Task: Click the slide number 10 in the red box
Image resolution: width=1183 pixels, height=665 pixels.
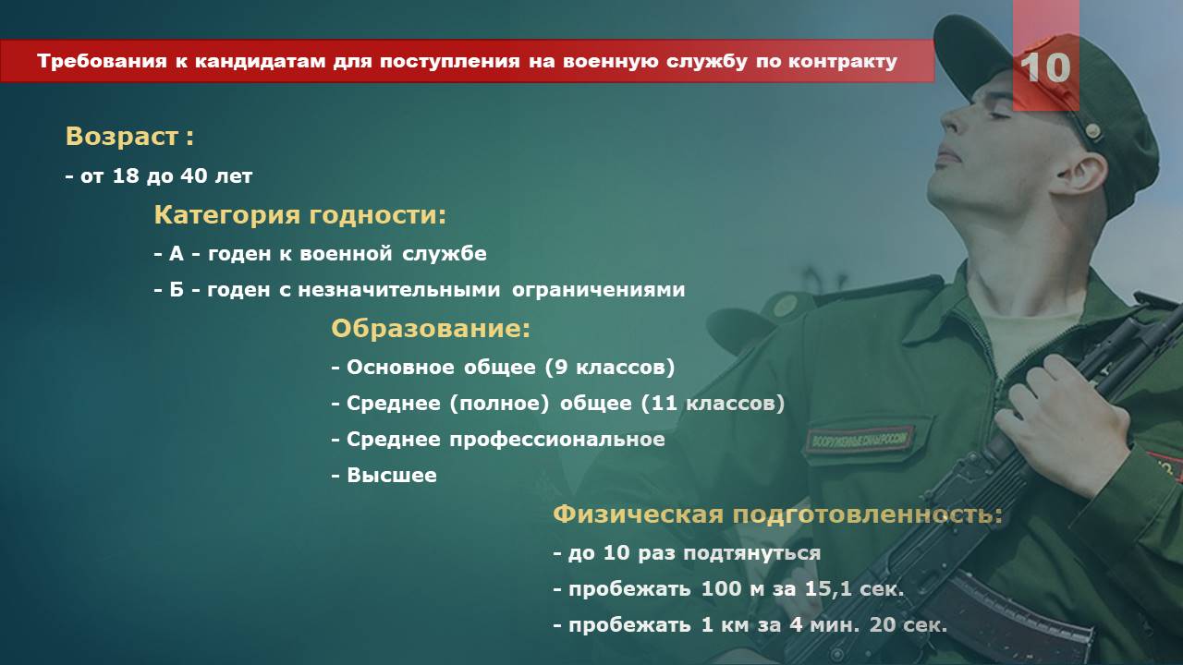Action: click(x=1045, y=67)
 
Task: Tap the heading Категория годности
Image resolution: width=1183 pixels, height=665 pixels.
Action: click(x=300, y=215)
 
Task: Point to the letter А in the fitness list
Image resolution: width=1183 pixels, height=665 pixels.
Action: click(x=177, y=254)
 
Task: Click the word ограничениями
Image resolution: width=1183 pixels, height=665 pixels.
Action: click(x=598, y=290)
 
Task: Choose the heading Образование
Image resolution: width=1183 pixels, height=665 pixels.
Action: click(x=431, y=328)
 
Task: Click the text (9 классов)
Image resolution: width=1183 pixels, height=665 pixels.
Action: click(x=609, y=368)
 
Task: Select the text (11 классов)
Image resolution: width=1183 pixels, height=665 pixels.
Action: click(x=713, y=404)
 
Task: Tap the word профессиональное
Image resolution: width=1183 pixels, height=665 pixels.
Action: click(x=557, y=440)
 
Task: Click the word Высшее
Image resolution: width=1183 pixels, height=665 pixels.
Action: click(x=392, y=475)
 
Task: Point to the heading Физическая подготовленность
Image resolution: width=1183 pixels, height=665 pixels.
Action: click(x=777, y=514)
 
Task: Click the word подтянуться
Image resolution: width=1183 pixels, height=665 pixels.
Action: click(x=752, y=553)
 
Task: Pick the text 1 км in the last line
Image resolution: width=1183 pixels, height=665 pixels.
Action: click(x=725, y=625)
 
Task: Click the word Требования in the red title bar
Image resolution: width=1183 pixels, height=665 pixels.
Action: click(x=102, y=62)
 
